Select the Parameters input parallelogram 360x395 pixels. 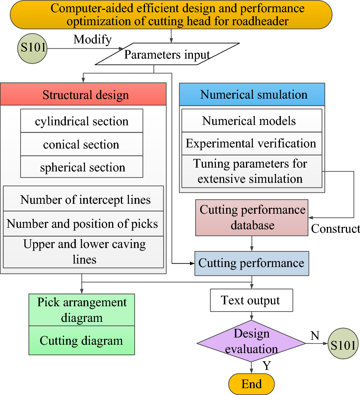tap(167, 54)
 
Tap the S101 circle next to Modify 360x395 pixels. tap(32, 48)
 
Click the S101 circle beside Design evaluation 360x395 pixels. tap(343, 345)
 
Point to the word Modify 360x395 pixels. tap(92, 39)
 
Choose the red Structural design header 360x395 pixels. tap(83, 94)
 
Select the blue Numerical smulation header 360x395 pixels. tap(252, 94)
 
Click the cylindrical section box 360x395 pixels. tap(82, 121)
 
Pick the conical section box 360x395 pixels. tap(82, 144)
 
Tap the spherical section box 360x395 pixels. tap(82, 167)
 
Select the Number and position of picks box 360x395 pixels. tap(84, 224)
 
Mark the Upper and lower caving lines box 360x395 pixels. tap(84, 252)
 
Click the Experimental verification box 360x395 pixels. tap(251, 144)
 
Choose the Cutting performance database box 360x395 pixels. tap(252, 217)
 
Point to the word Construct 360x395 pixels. tap(335, 229)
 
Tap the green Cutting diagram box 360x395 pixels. tap(82, 340)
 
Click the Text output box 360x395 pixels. tap(251, 300)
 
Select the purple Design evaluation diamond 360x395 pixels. tap(251, 341)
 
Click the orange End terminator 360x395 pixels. tap(251, 384)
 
